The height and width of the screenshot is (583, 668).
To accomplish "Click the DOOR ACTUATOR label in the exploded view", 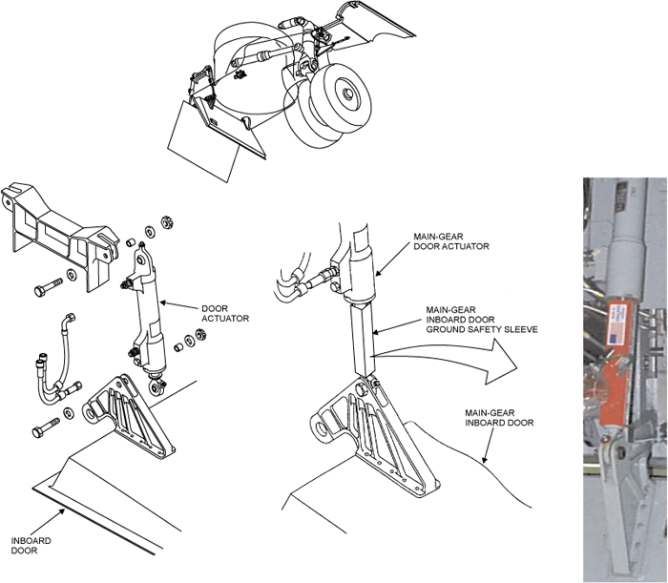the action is (x=225, y=313).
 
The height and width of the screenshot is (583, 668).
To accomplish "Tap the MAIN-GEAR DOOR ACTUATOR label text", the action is (x=451, y=241).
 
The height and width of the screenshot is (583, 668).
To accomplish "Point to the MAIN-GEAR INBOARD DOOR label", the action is (x=499, y=418).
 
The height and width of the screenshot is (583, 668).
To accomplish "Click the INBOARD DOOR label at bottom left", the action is (x=31, y=546).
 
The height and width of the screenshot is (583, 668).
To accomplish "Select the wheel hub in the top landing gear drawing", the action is (x=347, y=94).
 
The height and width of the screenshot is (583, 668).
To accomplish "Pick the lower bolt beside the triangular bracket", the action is (x=46, y=427).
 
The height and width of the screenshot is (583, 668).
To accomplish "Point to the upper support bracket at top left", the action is (x=59, y=236).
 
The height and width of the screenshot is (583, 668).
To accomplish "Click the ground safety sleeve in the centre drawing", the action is (x=363, y=339).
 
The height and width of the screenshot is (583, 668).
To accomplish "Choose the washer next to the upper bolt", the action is (x=71, y=274).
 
